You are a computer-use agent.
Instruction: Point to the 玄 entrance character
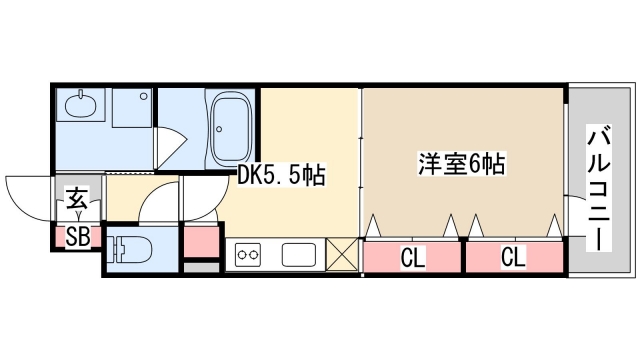point(76,197)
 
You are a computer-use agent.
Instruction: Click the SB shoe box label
point(77,237)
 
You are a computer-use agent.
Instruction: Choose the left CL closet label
point(412,259)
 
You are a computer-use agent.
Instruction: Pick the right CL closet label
point(512,259)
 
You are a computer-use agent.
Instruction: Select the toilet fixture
point(129,247)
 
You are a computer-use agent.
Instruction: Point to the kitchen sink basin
point(300,255)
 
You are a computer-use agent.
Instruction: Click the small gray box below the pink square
point(200,267)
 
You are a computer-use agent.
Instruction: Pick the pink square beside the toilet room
point(200,241)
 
